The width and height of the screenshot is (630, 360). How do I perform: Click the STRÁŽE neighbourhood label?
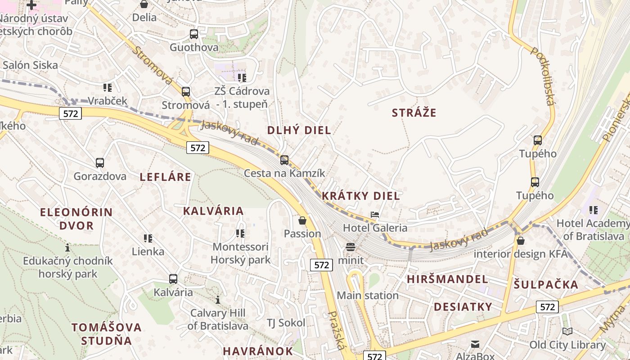(414, 112)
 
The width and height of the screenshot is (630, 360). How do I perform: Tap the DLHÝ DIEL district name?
(299, 130)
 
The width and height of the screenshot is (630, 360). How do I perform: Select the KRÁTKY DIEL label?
(360, 196)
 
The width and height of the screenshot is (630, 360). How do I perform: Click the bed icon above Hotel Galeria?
(374, 215)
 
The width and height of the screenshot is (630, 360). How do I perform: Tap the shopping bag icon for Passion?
(302, 220)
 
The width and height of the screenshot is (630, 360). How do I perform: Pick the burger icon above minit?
(351, 247)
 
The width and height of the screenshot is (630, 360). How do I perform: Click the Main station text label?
(368, 296)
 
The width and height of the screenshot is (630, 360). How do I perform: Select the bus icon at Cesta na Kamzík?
(284, 160)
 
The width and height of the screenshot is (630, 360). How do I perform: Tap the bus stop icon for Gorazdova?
(100, 162)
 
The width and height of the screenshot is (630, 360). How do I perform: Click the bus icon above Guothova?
(194, 34)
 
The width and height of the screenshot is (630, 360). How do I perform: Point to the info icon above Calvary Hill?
(218, 300)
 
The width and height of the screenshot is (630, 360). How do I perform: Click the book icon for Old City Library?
(567, 332)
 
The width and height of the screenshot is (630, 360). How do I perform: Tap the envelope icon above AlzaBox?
(475, 344)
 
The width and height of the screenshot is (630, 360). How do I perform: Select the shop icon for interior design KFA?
(521, 241)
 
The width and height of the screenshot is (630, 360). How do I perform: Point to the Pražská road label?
(336, 330)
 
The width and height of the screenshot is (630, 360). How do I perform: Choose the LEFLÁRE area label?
(165, 177)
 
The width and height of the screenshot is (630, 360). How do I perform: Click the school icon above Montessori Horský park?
(240, 233)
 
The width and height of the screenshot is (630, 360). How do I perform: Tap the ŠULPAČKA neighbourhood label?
(546, 284)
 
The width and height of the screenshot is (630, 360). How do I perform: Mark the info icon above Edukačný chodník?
(67, 247)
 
